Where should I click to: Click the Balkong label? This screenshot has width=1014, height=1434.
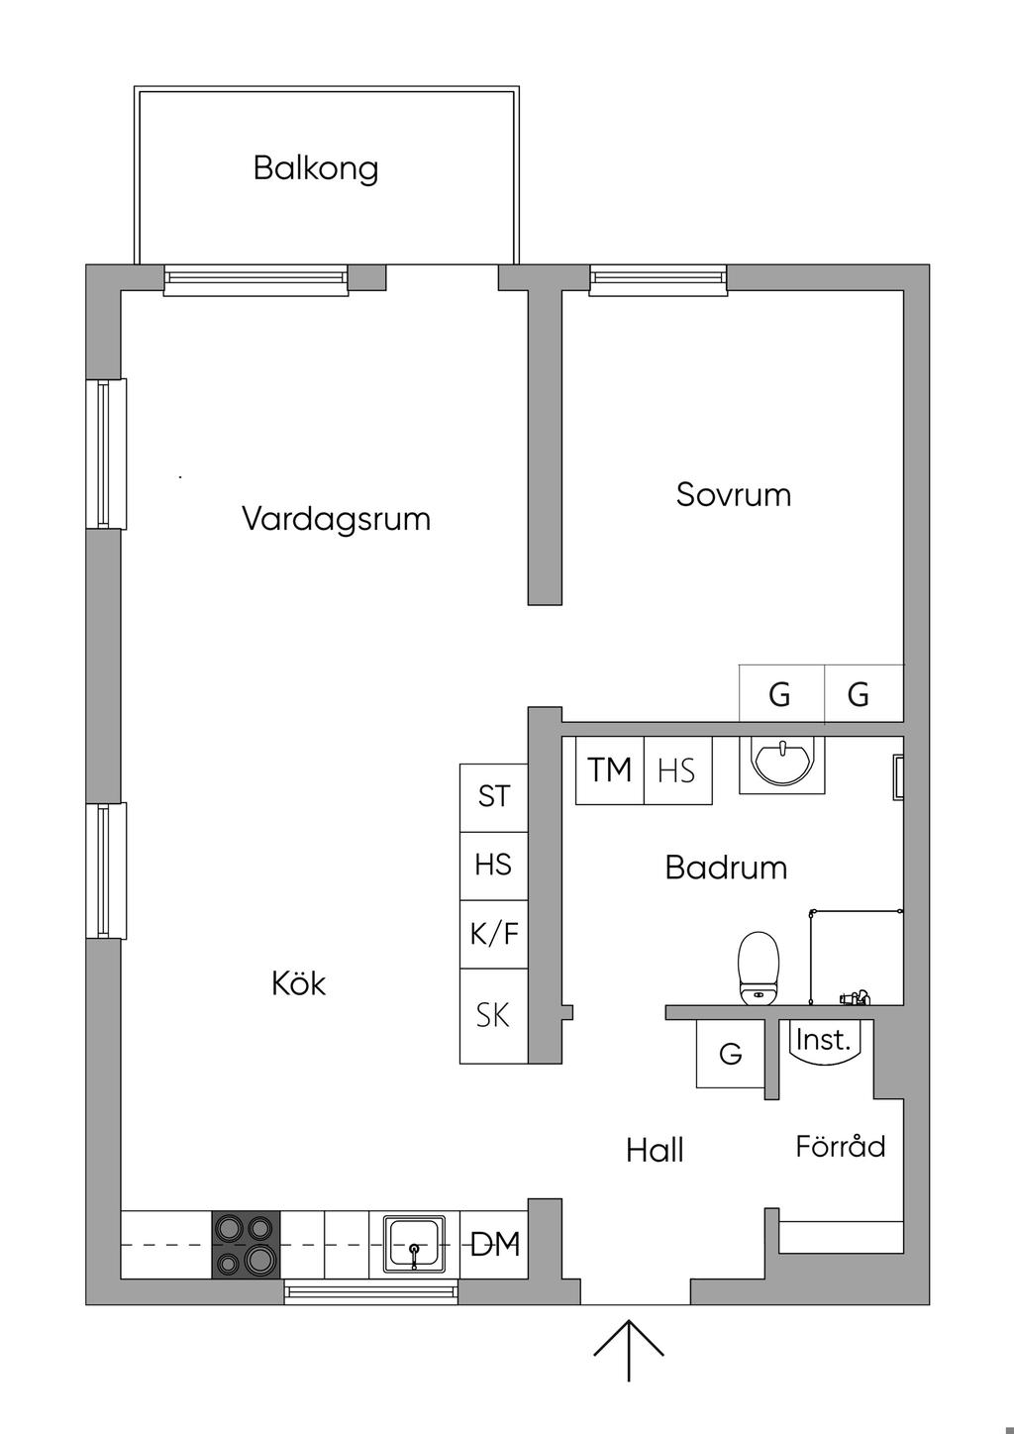(x=316, y=169)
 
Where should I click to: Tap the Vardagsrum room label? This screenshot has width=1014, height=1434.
(x=336, y=518)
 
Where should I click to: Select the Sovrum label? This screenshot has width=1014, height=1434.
(x=734, y=495)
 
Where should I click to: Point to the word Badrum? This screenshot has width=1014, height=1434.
(x=726, y=868)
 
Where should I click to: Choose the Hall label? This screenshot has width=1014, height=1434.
(x=655, y=1150)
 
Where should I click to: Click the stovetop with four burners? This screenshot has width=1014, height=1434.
(x=246, y=1245)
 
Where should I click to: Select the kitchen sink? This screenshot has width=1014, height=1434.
(x=414, y=1245)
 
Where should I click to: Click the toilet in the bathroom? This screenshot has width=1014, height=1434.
(x=759, y=969)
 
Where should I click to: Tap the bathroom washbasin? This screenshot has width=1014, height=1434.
(x=781, y=765)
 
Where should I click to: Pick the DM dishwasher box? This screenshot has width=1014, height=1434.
(x=493, y=1245)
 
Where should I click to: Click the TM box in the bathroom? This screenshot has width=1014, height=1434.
(x=609, y=770)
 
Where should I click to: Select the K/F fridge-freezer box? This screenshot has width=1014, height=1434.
(x=493, y=934)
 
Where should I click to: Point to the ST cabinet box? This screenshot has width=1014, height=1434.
(x=493, y=797)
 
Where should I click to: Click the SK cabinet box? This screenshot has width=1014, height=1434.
(x=493, y=1016)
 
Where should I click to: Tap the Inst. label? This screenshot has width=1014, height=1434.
(x=823, y=1040)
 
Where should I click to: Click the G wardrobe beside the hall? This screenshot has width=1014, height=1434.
(x=731, y=1053)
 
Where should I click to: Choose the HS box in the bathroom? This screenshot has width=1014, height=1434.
(x=678, y=770)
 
